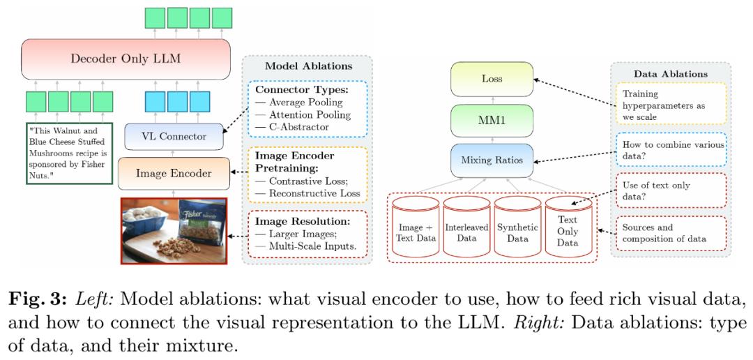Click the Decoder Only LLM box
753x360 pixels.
tap(125, 59)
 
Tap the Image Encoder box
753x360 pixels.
tap(173, 173)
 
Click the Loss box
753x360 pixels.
tap(492, 80)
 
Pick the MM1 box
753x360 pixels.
tap(492, 120)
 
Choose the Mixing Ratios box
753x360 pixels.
tap(492, 160)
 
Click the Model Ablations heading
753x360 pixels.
tap(309, 66)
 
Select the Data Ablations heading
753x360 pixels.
tap(671, 74)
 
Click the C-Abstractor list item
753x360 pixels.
tap(294, 127)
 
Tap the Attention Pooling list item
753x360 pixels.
tap(303, 115)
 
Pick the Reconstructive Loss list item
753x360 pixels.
tap(307, 194)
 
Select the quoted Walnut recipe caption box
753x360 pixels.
tap(69, 153)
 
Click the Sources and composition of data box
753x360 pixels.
tap(671, 233)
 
